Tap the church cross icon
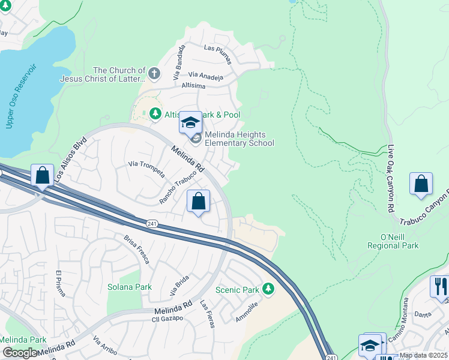tap(154, 74)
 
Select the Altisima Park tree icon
tap(155, 114)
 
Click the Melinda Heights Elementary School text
tap(239, 139)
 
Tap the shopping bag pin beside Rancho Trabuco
tap(199, 202)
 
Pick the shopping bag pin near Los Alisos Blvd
tap(42, 176)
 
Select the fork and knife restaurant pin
tap(439, 287)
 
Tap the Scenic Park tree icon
tap(268, 290)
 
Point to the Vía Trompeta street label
tap(147, 169)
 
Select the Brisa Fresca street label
tap(136, 249)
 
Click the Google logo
tap(20, 352)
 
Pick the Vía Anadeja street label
tap(205, 76)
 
